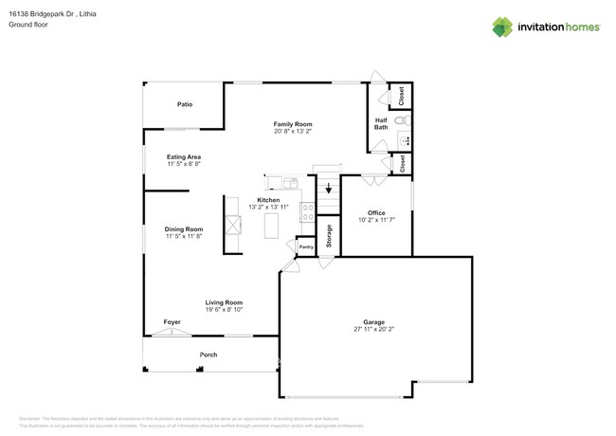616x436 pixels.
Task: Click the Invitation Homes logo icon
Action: [502, 27]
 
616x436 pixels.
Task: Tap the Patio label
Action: [184, 104]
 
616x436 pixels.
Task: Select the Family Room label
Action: [293, 124]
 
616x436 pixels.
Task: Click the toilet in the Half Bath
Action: [403, 120]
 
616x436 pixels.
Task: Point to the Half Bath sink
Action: [405, 140]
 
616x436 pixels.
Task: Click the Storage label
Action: [328, 236]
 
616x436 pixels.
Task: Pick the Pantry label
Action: [306, 246]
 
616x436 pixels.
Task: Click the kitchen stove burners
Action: [308, 211]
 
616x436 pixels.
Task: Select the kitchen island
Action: [273, 226]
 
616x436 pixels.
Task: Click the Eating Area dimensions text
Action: [184, 164]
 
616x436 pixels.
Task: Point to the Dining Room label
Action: [184, 228]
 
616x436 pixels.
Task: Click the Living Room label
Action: [224, 302]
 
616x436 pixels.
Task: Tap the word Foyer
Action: [172, 322]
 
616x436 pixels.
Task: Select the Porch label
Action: [208, 354]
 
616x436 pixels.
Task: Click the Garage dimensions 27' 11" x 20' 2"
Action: [372, 329]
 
